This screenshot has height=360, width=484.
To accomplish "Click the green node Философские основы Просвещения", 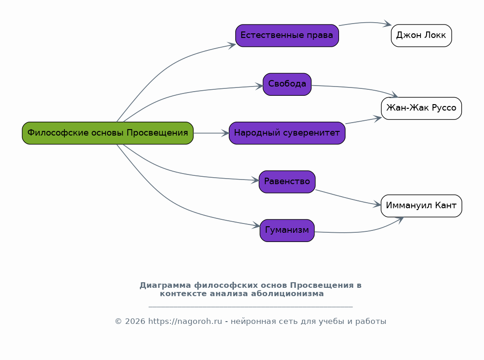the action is pos(108,133).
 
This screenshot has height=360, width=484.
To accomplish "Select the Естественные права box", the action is pos(287,36).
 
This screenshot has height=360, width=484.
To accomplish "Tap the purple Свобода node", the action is pos(287,84).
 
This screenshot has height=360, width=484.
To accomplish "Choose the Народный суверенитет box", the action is pos(287,133).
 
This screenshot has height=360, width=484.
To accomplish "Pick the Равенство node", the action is pos(287,182).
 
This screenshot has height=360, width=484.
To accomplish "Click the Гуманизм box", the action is pos(287,230).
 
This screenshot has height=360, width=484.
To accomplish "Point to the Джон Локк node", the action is pos(421,36).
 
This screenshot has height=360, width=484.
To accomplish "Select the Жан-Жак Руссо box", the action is pos(421,108).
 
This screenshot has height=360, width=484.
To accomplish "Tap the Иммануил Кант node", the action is pos(421,206).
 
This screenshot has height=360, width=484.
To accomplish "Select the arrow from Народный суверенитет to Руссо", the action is pos(364,121).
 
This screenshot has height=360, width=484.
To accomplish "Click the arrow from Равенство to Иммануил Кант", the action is pos(348,198).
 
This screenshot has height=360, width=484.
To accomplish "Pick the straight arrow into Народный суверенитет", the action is pos(211,133).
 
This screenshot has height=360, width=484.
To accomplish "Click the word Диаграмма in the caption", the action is pos(165,286).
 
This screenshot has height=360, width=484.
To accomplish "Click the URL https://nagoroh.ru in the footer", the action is pos(185,322).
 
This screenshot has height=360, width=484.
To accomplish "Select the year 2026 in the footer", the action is pos(135,322).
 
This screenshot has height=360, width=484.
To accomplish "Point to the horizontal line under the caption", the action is pos(251,307).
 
